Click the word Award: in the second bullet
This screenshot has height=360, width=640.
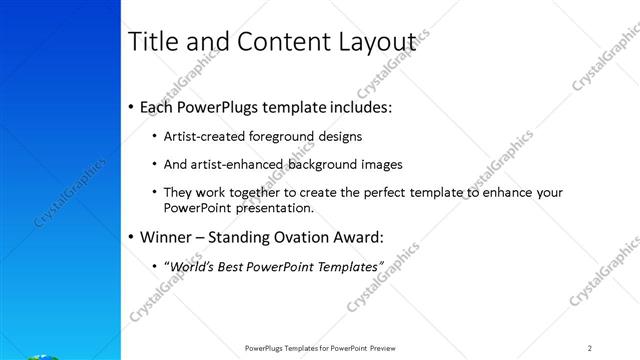pyautogui.click(x=356, y=238)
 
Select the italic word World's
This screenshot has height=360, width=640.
pyautogui.click(x=188, y=267)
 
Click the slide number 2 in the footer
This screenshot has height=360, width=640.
pyautogui.click(x=590, y=348)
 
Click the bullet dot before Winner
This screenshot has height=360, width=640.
pyautogui.click(x=132, y=238)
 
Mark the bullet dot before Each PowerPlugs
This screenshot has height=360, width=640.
pyautogui.click(x=132, y=106)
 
